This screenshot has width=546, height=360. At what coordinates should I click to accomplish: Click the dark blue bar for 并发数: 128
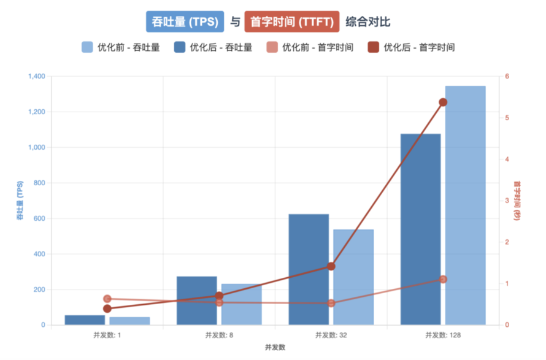(420, 229)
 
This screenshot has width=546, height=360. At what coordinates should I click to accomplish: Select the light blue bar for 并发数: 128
(465, 205)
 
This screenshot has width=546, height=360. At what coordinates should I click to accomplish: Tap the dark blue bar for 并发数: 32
(309, 270)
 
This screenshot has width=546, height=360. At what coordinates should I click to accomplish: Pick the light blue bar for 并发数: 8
(242, 304)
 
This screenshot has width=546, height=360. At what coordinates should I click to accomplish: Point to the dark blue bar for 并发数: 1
(85, 320)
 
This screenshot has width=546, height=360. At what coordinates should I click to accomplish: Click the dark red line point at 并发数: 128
(443, 102)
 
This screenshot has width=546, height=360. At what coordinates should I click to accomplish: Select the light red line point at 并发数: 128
(443, 279)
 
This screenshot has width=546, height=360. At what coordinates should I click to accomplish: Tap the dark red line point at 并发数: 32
(331, 266)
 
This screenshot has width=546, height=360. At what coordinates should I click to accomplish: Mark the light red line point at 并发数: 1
(107, 299)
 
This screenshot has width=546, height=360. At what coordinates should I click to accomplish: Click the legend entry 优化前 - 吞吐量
(121, 47)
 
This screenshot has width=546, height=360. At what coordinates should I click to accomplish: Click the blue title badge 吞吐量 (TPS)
(185, 21)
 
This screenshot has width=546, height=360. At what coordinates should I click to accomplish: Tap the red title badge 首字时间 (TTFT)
(291, 21)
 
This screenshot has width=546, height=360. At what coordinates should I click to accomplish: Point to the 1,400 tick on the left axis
(36, 76)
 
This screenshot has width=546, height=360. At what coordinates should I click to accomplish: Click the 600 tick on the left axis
(39, 218)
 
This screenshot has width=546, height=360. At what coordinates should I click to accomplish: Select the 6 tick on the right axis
(507, 76)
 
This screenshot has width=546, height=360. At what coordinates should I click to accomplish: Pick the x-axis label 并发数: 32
(331, 335)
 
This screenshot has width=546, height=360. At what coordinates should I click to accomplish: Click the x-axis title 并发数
(275, 348)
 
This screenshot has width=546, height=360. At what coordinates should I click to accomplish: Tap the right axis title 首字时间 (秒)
(517, 201)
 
